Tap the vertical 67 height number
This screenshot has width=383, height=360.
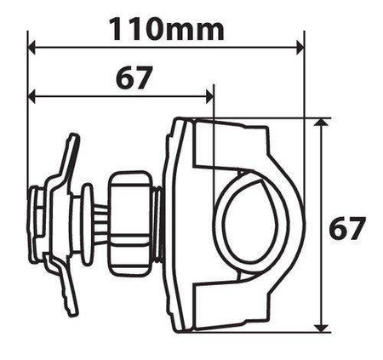pyautogui.click(x=346, y=228)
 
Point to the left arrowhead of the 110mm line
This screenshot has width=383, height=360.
pyautogui.click(x=32, y=46)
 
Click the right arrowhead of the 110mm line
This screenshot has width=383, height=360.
pyautogui.click(x=300, y=46)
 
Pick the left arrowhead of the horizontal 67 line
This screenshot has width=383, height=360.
pyautogui.click(x=32, y=94)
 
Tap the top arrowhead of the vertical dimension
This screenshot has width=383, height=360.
pyautogui.click(x=320, y=123)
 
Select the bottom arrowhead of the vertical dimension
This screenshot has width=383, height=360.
pyautogui.click(x=320, y=328)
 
